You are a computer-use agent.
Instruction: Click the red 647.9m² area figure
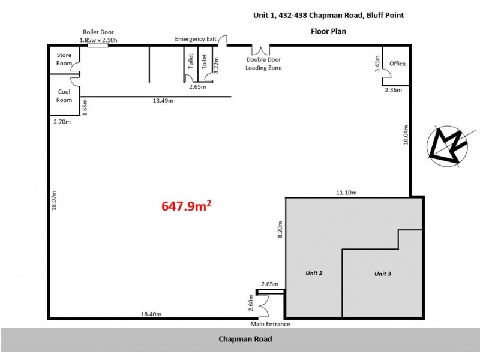186,206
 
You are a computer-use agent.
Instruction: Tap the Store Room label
64,59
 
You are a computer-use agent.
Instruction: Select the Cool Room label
64,95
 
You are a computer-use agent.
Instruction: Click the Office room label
397,64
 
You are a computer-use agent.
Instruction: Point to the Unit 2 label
313,273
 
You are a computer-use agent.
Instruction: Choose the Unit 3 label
383,274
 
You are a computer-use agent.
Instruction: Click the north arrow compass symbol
448,146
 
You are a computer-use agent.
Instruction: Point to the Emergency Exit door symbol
222,41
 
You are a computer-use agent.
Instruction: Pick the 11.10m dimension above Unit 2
347,192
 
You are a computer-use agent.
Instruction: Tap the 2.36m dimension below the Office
394,91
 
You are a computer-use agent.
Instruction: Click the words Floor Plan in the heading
328,30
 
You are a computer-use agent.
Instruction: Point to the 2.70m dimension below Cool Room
63,121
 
